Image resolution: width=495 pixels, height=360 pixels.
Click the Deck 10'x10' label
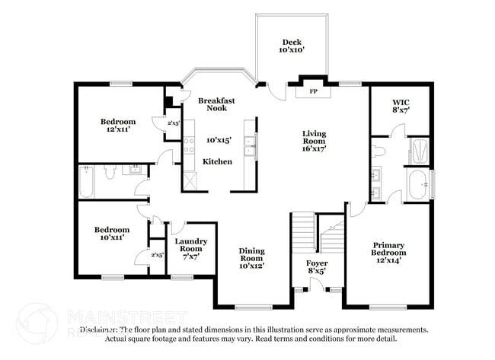coord(292,46)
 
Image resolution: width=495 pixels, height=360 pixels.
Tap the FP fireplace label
coord(313,92)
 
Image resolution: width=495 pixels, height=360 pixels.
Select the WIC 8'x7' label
coord(401,106)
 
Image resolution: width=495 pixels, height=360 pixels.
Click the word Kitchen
coord(217,161)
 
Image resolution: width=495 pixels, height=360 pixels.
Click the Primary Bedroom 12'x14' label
coord(388,252)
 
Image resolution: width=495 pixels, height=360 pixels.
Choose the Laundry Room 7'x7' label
coord(190,249)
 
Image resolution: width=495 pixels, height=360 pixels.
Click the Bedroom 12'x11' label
coord(118,126)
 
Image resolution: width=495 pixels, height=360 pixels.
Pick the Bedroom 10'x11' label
coord(111,234)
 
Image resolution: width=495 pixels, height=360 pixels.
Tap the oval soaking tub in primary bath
coord(418,184)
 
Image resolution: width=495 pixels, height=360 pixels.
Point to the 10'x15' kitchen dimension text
coord(218,140)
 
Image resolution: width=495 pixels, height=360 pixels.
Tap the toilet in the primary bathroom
coord(379,150)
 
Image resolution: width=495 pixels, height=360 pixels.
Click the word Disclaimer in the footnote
coord(100,330)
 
